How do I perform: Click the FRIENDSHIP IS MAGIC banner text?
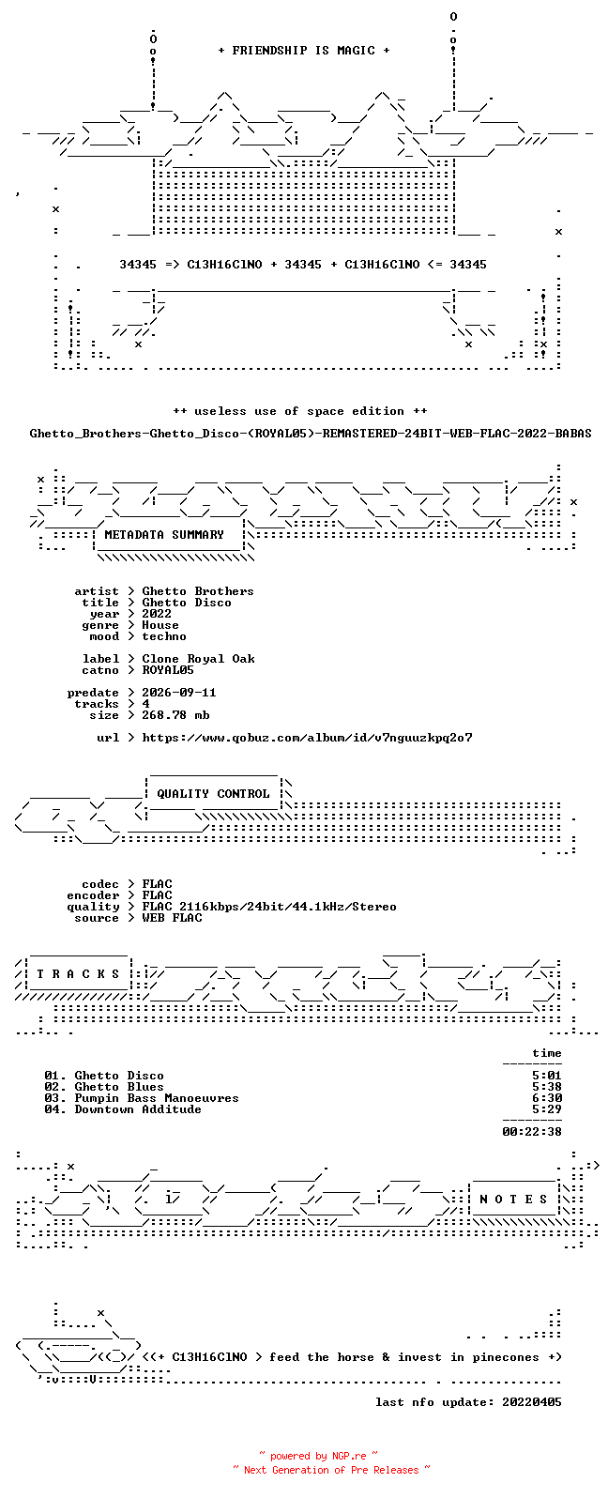tap(304, 50)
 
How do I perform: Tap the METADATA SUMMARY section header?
tap(164, 534)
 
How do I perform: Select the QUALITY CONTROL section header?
tap(213, 794)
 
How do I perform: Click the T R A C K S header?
tap(78, 973)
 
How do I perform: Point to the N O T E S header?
tap(513, 1200)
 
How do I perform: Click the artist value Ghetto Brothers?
tap(198, 591)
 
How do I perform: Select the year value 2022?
tap(157, 614)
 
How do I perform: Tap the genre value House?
tap(160, 625)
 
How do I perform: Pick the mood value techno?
tap(164, 636)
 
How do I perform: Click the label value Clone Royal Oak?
tap(198, 659)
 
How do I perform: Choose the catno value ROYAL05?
tap(168, 670)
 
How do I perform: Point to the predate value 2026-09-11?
tap(179, 693)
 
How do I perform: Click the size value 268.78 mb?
tap(175, 715)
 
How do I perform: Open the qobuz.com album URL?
tap(307, 738)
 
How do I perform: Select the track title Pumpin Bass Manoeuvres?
tap(157, 1098)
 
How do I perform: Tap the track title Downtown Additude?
tap(138, 1109)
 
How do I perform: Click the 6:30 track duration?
tap(547, 1098)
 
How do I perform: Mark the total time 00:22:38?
tap(532, 1132)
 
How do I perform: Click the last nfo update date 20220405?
tap(532, 1402)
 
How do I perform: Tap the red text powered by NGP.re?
tap(318, 1456)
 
